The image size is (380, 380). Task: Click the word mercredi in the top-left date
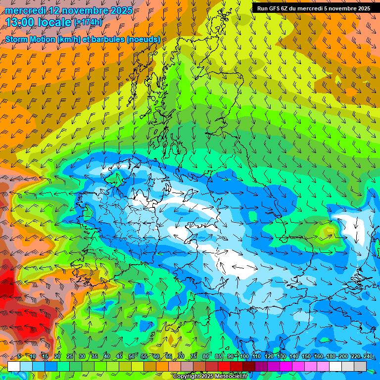[27, 10]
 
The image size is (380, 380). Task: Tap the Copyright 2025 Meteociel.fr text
[209, 376]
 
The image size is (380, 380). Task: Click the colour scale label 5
[19, 356]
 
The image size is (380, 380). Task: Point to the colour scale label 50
[132, 356]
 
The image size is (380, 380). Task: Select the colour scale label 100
[244, 356]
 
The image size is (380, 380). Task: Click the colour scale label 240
[368, 356]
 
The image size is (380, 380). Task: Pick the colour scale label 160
[319, 356]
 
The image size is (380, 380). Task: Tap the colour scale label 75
[194, 356]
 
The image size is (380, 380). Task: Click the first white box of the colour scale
[14, 366]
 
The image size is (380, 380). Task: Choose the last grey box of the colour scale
[360, 366]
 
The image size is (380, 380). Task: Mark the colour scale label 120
[269, 356]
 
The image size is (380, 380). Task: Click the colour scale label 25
[69, 356]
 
